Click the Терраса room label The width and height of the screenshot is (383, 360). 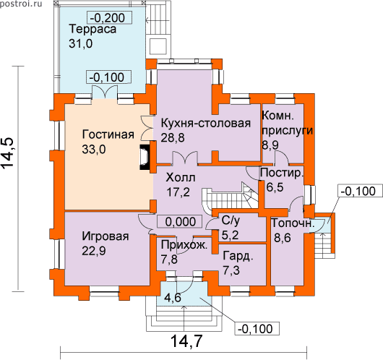tap(92, 29)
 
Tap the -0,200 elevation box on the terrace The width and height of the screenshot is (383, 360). tap(110, 17)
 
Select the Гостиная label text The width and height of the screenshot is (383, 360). tap(108, 134)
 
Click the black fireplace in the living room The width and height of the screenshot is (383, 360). tap(144, 157)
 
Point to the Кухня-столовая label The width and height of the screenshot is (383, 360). tap(206, 123)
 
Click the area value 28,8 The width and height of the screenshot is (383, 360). tap(173, 138)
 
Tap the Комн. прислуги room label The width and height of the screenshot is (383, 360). tap(288, 123)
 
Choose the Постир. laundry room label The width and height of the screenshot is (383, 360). tap(282, 173)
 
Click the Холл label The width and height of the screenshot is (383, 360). tap(181, 178)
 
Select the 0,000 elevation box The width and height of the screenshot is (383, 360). tap(179, 222)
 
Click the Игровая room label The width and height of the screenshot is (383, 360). tap(106, 236)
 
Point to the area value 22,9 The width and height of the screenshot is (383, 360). tap(94, 251)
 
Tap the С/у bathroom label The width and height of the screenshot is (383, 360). tap(231, 220)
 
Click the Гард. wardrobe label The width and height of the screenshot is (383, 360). tap(238, 257)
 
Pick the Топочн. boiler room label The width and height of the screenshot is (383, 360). tap(293, 223)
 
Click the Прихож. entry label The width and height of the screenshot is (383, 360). tap(184, 244)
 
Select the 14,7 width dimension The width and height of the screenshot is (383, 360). tap(186, 341)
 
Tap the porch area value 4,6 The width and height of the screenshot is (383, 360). tap(173, 298)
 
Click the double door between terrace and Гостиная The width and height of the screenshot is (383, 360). tap(105, 92)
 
